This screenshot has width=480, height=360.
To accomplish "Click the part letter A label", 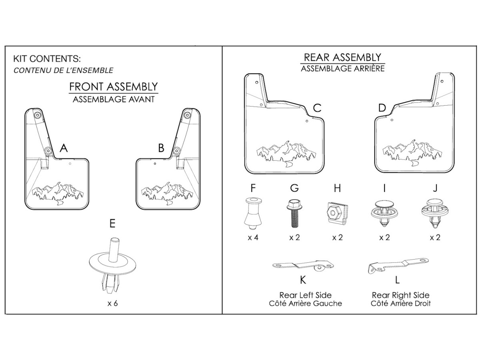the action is (64, 148).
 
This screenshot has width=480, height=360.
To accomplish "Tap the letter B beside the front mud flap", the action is (161, 148).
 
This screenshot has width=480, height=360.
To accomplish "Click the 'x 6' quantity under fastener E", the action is (113, 303).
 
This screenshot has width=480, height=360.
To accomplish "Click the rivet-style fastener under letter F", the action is (253, 213).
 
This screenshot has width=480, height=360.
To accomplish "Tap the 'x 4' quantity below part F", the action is (253, 237).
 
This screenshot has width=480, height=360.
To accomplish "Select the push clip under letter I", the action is (384, 213).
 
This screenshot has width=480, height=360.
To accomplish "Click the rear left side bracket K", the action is (303, 266).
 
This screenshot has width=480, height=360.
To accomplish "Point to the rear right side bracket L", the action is (398, 265).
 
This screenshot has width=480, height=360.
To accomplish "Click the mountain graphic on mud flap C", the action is (286, 154).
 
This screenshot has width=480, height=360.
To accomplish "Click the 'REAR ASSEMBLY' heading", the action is (342, 58).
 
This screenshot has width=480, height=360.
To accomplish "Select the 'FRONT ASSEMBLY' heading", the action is (114, 87).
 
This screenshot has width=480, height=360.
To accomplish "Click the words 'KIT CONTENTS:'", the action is (47, 59).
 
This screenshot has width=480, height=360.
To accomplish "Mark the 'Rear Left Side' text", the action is (306, 295).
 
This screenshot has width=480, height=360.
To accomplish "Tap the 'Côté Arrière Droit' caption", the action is (401, 304).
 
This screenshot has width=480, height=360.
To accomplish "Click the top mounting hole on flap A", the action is (37, 115).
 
